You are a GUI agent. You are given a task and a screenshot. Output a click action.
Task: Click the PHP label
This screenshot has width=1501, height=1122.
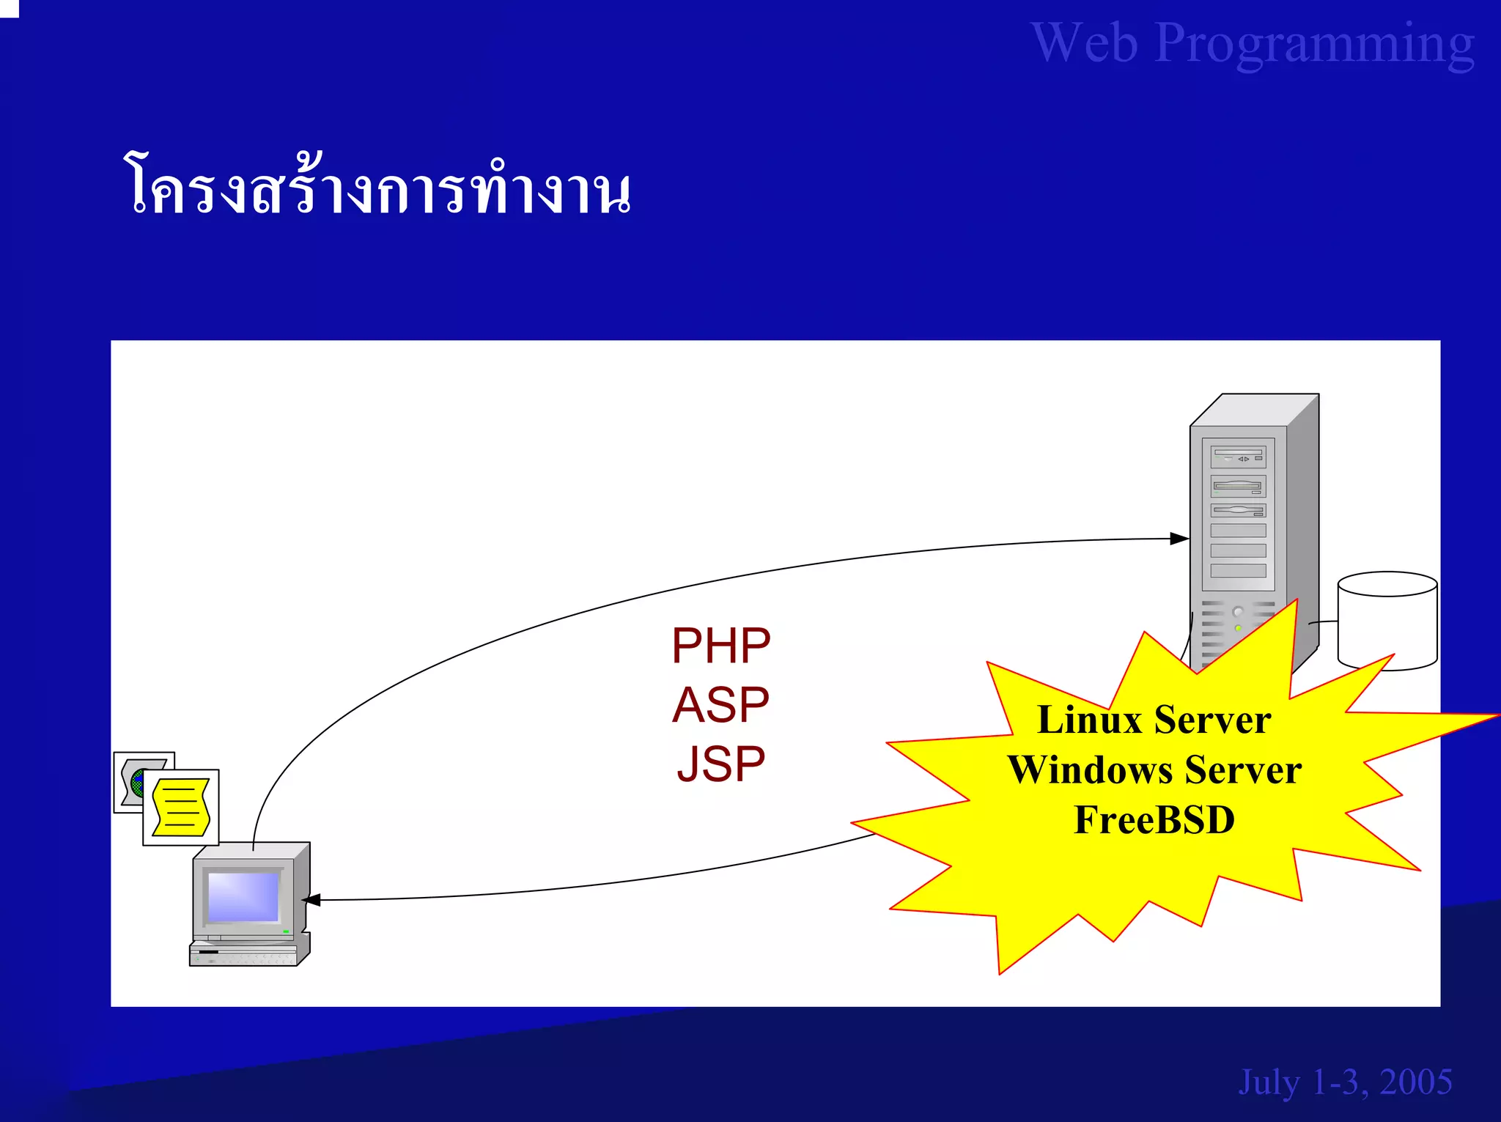(720, 646)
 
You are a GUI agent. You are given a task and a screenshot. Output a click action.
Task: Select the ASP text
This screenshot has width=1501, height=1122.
(720, 705)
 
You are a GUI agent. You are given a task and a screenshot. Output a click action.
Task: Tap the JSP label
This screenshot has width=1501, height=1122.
(720, 764)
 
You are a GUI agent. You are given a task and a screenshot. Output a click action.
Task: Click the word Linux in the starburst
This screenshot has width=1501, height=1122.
(1089, 720)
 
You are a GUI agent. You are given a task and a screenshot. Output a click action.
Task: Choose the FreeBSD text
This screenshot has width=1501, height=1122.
(1154, 819)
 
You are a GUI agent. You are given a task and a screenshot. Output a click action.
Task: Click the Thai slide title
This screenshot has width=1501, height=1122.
(377, 188)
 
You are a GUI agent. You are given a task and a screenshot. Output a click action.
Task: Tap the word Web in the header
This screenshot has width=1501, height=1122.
(1085, 44)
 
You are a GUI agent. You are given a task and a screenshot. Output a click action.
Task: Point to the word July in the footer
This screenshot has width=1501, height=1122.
(1269, 1082)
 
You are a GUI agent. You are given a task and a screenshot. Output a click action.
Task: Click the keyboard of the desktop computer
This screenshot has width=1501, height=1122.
(243, 956)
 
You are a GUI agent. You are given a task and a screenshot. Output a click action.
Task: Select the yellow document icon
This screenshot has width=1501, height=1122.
(181, 808)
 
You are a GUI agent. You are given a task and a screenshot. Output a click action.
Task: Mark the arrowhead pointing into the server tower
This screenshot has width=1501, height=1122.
(1179, 539)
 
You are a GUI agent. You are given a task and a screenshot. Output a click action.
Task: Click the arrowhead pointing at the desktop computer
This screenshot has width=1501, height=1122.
(311, 900)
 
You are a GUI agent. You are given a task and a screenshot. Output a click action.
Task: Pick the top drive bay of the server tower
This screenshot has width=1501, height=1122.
(1238, 457)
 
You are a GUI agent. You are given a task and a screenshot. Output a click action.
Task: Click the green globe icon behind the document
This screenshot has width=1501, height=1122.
(136, 783)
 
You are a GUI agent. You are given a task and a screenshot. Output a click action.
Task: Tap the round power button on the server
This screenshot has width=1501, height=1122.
(1238, 612)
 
